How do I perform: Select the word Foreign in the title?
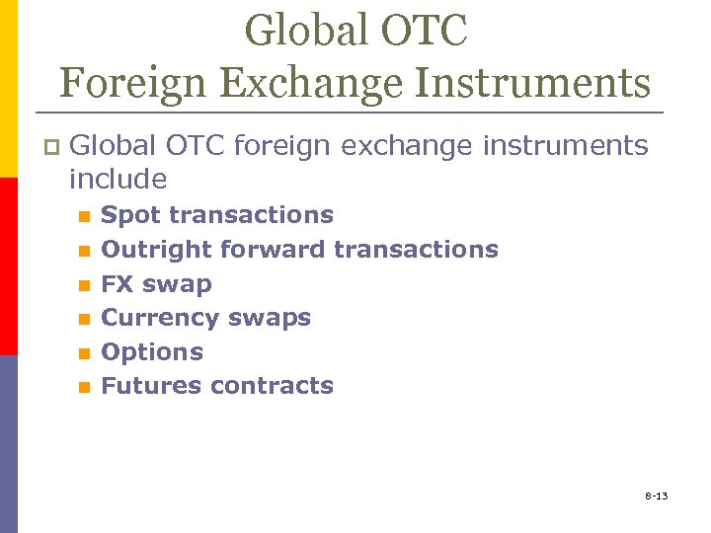pos(124,82)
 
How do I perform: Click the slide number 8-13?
pos(657,495)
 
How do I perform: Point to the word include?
pos(118,180)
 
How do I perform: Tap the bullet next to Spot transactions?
pos(84,216)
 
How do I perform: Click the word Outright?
pos(156,249)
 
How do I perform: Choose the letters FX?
pos(118,283)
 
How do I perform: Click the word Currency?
pos(156,318)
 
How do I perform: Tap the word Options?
pos(152,352)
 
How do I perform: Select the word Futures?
pos(150,386)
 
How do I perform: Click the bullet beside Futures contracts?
pos(84,388)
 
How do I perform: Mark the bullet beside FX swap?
pos(84,285)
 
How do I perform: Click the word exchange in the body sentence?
pos(410,147)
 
